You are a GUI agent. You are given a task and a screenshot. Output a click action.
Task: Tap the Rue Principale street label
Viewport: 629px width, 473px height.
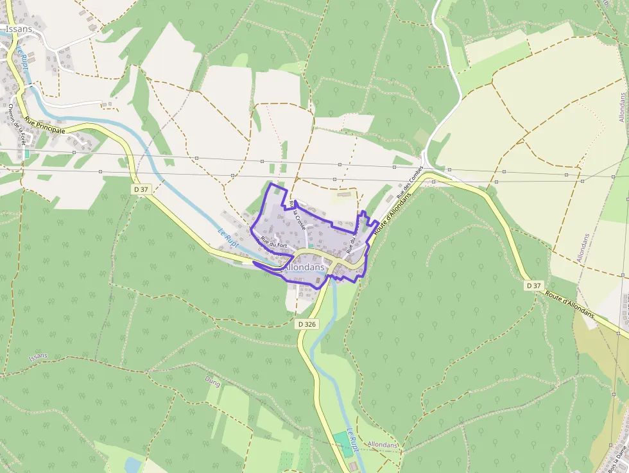(x=45, y=125)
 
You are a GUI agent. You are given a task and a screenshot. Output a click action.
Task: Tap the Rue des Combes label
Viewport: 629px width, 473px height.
(x=409, y=182)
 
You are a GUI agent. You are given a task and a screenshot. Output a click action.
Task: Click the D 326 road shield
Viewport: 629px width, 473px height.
(x=308, y=324)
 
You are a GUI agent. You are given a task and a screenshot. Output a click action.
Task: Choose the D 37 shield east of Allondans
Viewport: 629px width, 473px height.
(x=533, y=285)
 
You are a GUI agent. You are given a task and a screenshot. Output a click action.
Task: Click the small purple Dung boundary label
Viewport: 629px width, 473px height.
(x=212, y=382)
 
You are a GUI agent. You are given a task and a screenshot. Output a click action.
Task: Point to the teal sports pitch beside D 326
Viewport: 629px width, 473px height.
(x=343, y=444)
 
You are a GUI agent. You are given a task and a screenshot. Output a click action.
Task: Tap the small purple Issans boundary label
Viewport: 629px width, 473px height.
(x=38, y=357)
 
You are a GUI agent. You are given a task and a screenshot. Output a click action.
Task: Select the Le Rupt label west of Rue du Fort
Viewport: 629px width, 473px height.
(x=228, y=240)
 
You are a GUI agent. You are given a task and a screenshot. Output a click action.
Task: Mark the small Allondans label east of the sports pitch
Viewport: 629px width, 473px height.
(x=383, y=444)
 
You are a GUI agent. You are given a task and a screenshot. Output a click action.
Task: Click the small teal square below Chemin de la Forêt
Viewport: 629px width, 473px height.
(x=26, y=154)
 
